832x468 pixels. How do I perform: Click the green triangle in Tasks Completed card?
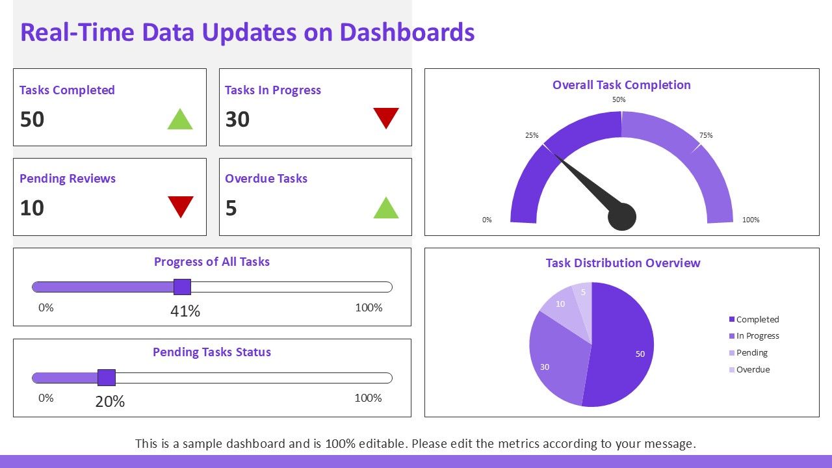point(180,120)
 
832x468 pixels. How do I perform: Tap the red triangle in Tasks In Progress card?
point(386,118)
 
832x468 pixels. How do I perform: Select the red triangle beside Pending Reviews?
point(181,206)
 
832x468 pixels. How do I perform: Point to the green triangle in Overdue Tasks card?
point(386,209)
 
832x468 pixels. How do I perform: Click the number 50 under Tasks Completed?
point(32,120)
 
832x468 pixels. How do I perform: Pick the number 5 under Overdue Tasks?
point(231,208)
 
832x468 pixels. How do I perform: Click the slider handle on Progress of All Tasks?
point(183,287)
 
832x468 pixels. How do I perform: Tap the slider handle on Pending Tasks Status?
point(107,378)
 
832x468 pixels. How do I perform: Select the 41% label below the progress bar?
point(185,311)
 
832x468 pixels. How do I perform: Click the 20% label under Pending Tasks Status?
point(110,402)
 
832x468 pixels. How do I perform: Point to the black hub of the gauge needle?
point(621,217)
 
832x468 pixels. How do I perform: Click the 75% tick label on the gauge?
point(706,135)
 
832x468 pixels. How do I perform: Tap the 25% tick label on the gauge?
point(532,135)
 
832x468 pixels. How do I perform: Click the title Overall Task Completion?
point(621,85)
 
